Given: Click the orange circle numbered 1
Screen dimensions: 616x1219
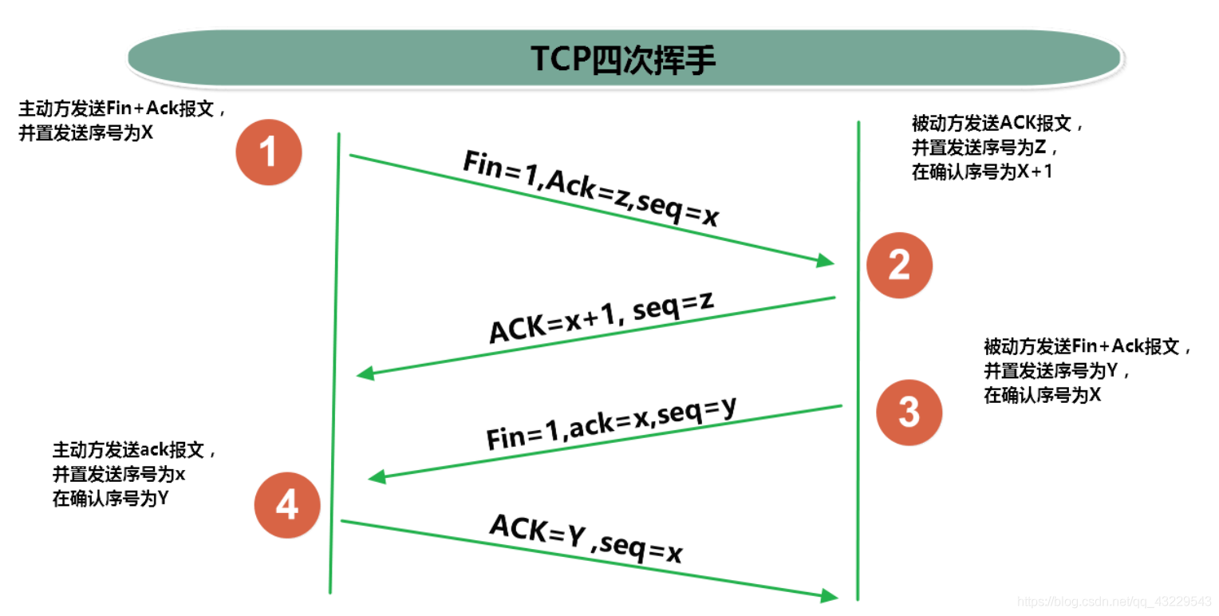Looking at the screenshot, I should (269, 152).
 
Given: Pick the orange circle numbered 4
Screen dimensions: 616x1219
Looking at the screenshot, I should (287, 505).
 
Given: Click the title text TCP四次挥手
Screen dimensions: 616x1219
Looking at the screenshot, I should (624, 60).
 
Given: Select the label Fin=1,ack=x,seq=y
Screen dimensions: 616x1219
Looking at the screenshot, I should (610, 423).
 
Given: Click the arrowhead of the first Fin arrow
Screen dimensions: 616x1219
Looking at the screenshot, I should (826, 260).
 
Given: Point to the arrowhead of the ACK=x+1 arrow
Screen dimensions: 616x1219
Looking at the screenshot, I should (365, 373).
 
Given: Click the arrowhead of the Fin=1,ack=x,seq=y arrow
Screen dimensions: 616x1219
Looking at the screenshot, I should (377, 476).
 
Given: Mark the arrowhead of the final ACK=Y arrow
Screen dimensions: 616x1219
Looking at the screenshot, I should (830, 594).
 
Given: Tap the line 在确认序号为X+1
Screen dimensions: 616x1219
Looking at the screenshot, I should (981, 172).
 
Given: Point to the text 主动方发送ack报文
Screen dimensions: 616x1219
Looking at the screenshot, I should (134, 449).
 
